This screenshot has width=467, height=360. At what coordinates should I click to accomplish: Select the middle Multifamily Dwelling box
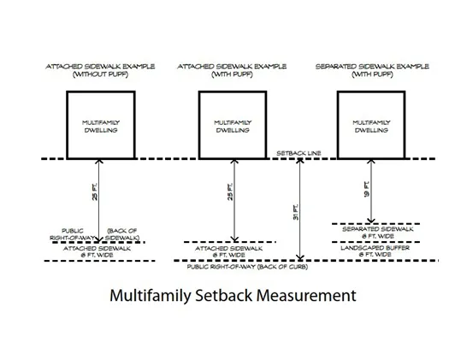(x=233, y=126)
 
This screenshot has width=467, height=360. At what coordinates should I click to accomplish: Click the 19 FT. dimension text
(x=365, y=189)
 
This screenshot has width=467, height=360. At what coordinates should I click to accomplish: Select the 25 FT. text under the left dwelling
(x=93, y=193)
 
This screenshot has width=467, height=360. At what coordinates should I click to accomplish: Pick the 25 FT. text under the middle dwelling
(x=226, y=193)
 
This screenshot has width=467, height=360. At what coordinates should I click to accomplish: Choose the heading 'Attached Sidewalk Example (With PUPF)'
(x=233, y=69)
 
